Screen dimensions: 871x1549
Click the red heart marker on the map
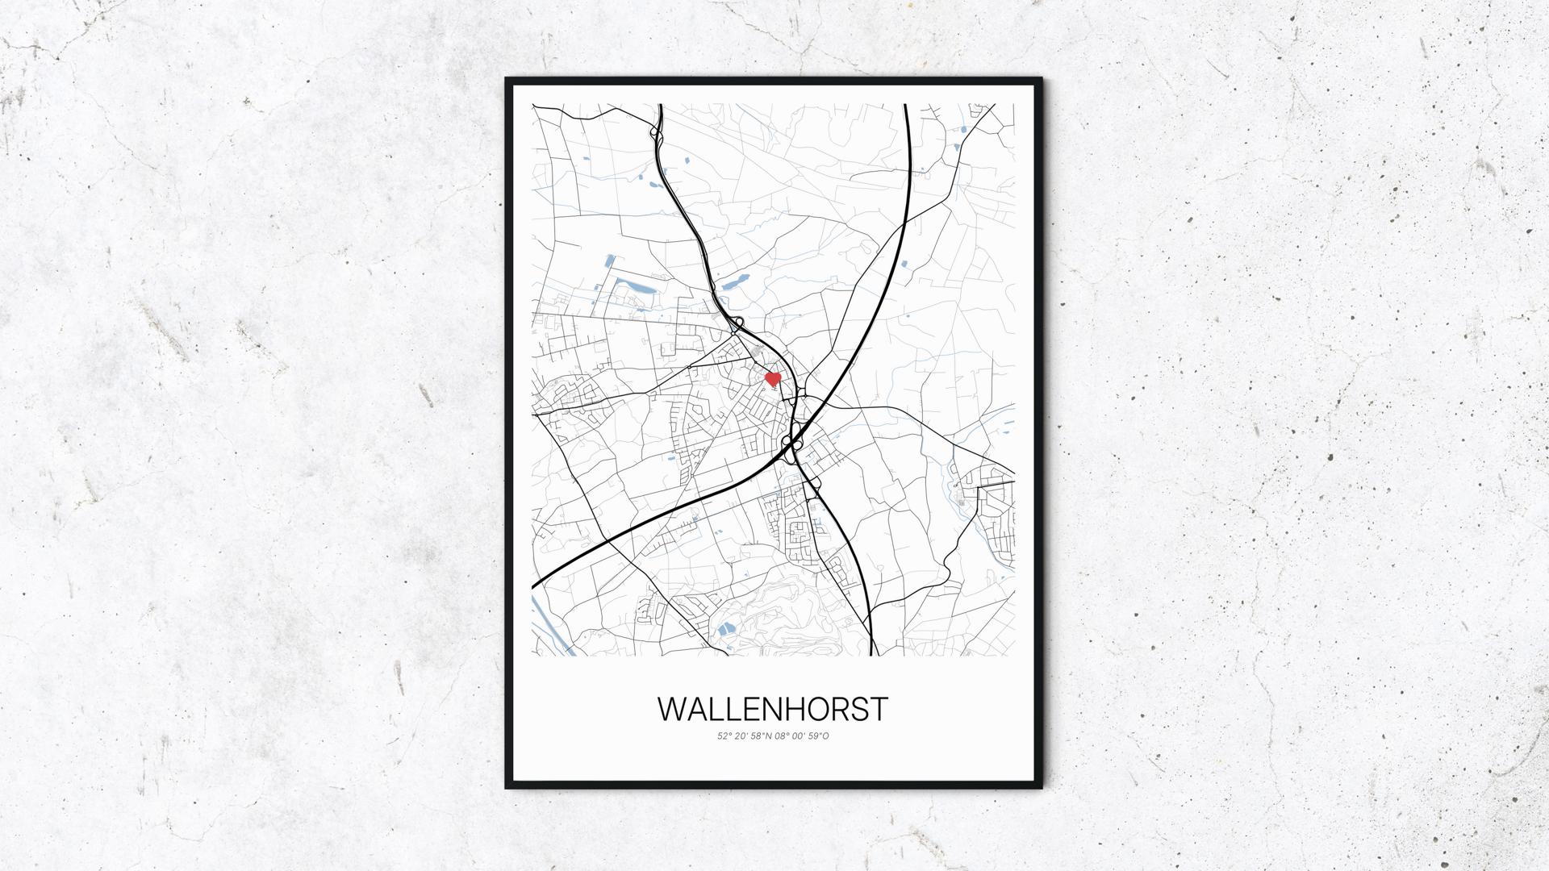tap(772, 378)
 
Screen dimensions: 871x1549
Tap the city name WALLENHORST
tap(773, 709)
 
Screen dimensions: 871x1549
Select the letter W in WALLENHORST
tap(673, 709)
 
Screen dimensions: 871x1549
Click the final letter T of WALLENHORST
tap(879, 709)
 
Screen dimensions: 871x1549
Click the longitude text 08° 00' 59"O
tap(802, 736)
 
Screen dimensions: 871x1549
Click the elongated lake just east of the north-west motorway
tap(733, 283)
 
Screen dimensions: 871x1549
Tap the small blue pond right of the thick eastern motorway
tap(903, 265)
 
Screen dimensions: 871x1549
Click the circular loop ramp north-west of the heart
tap(738, 323)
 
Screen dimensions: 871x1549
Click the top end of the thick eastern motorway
tap(905, 106)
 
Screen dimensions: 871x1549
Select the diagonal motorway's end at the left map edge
tap(534, 585)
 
